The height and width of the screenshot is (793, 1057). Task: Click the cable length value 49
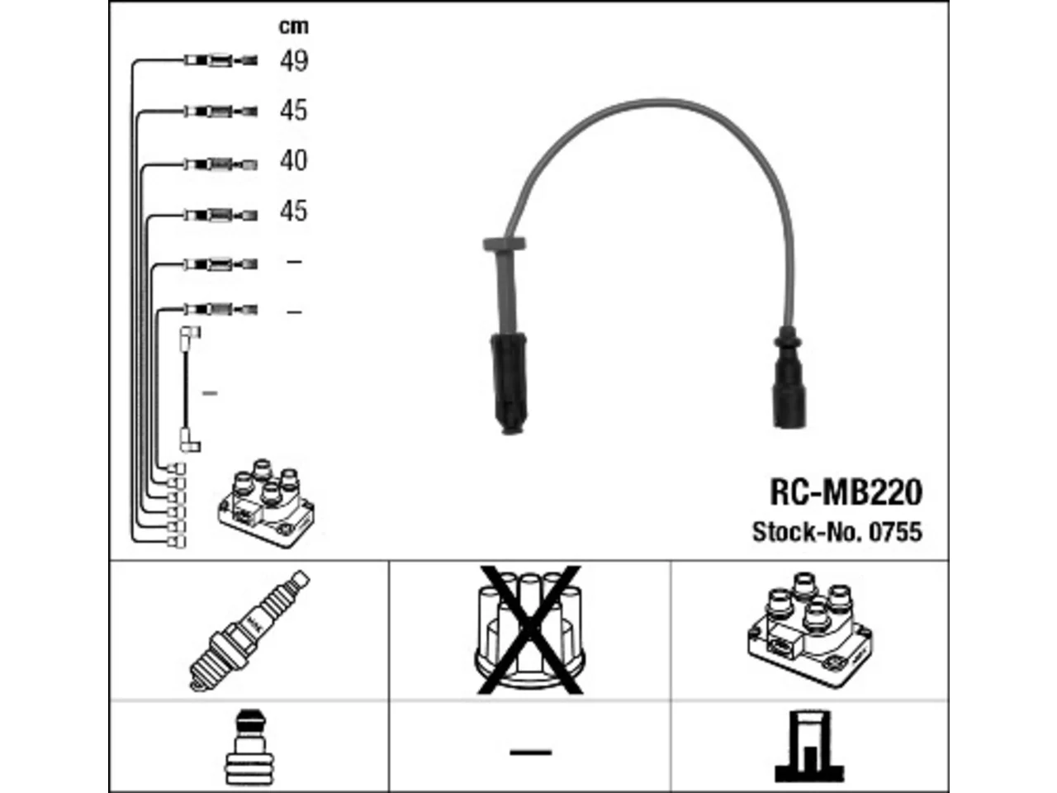[x=294, y=61]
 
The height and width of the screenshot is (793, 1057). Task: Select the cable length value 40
[x=293, y=160]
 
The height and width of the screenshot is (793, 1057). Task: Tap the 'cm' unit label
[x=294, y=26]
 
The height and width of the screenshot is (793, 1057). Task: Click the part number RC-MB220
[x=846, y=491]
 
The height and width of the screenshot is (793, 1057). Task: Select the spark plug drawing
[x=249, y=630]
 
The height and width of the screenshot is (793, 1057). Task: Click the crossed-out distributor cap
[x=529, y=630]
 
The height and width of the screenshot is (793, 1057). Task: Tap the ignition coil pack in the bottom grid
[x=810, y=630]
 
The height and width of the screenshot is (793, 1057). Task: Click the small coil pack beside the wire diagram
[x=266, y=504]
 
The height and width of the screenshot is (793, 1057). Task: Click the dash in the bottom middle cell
[x=531, y=752]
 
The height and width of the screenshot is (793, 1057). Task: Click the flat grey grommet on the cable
[x=505, y=244]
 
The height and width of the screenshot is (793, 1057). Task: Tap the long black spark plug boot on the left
[x=509, y=383]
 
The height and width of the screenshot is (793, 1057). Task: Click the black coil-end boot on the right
[x=789, y=378]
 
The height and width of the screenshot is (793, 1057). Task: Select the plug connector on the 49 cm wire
[x=221, y=60]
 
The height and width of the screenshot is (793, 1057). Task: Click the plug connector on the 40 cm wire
[x=221, y=164]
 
